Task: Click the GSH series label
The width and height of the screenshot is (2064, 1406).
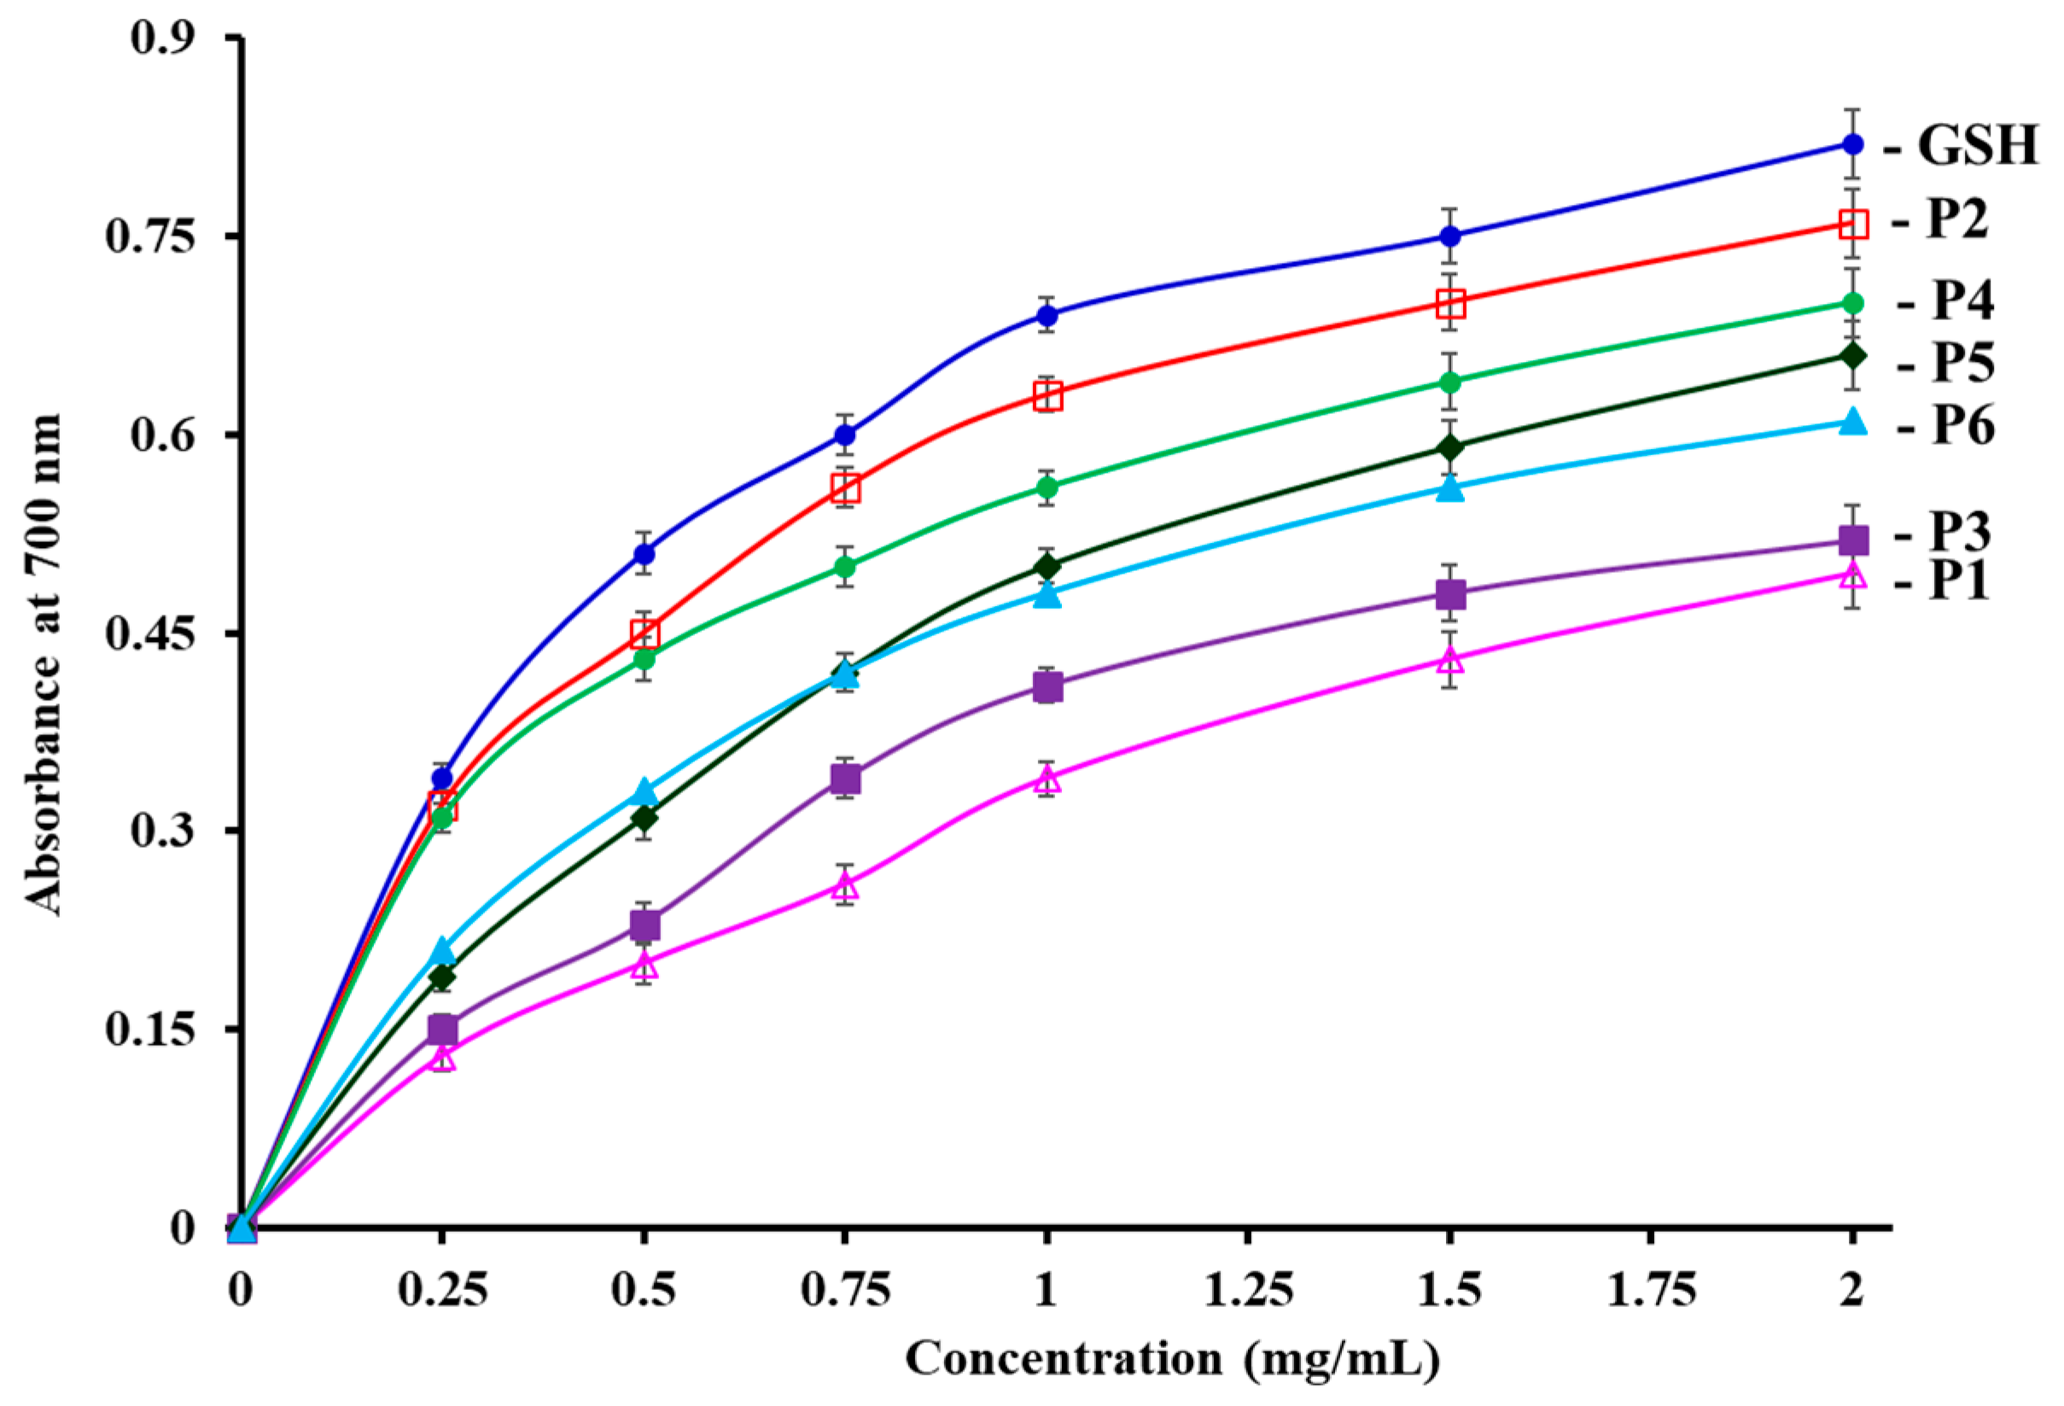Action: pos(1976,145)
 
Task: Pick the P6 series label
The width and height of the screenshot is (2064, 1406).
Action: pos(1962,425)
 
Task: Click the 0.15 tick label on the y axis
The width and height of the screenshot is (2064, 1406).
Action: pos(149,1030)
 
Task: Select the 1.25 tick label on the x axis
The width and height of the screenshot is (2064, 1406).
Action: pos(1248,1291)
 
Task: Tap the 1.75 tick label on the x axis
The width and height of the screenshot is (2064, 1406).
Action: pos(1650,1291)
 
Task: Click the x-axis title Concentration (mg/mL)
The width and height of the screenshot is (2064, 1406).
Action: pos(1171,1360)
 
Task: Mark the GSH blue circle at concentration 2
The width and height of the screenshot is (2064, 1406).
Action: pos(1851,144)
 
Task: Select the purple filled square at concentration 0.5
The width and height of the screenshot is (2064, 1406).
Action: pos(644,925)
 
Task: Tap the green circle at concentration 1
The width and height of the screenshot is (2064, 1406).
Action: pos(1047,487)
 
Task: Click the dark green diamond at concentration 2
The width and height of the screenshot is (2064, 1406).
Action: pos(1851,356)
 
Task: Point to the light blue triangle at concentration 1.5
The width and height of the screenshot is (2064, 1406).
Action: pos(1449,487)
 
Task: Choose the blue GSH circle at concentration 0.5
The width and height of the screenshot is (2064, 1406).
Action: pos(644,554)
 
